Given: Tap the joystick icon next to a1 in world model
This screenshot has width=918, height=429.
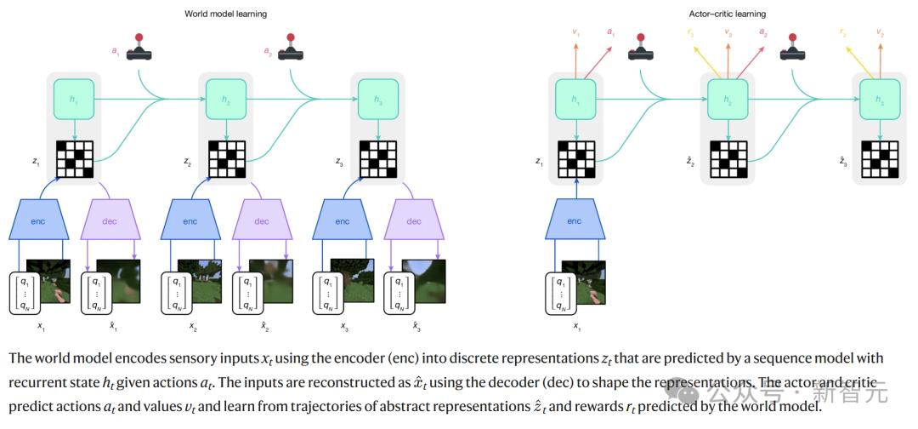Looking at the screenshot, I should (x=139, y=49).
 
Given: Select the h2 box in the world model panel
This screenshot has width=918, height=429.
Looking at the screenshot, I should (x=225, y=99).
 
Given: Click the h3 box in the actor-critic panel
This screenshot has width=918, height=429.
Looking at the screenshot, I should (x=880, y=99).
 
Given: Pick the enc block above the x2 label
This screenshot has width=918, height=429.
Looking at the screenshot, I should (x=191, y=221).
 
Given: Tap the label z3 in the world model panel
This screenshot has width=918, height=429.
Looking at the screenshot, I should (x=339, y=161).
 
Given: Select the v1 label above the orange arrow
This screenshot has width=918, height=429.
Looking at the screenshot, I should (x=576, y=32).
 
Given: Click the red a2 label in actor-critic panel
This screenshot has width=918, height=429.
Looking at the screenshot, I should (x=762, y=33).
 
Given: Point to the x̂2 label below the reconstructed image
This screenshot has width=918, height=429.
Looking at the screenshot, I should (x=265, y=326).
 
